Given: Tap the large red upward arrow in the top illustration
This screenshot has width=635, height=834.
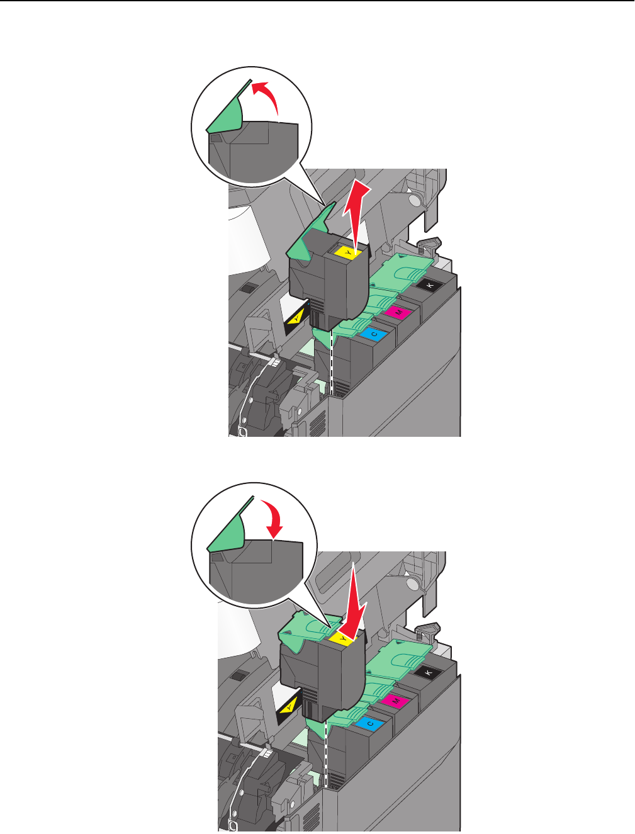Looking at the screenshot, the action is coord(356,214).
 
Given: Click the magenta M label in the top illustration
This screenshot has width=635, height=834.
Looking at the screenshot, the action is coord(397,312).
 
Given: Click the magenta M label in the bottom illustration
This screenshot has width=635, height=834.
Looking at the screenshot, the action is coord(395,701).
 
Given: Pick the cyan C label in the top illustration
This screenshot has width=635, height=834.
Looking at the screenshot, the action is coord(373,334).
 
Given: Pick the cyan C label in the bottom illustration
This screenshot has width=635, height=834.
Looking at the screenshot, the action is coord(370,723).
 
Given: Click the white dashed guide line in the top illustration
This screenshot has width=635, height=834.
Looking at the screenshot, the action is coord(332,363).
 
